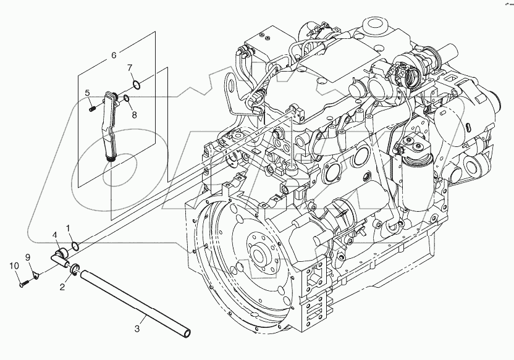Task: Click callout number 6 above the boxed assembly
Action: coord(114,56)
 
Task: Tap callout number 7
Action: coord(130,67)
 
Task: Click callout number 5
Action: coord(88,93)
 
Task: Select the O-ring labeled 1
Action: coord(75,246)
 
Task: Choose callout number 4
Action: coord(54,235)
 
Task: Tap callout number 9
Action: coord(27,257)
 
